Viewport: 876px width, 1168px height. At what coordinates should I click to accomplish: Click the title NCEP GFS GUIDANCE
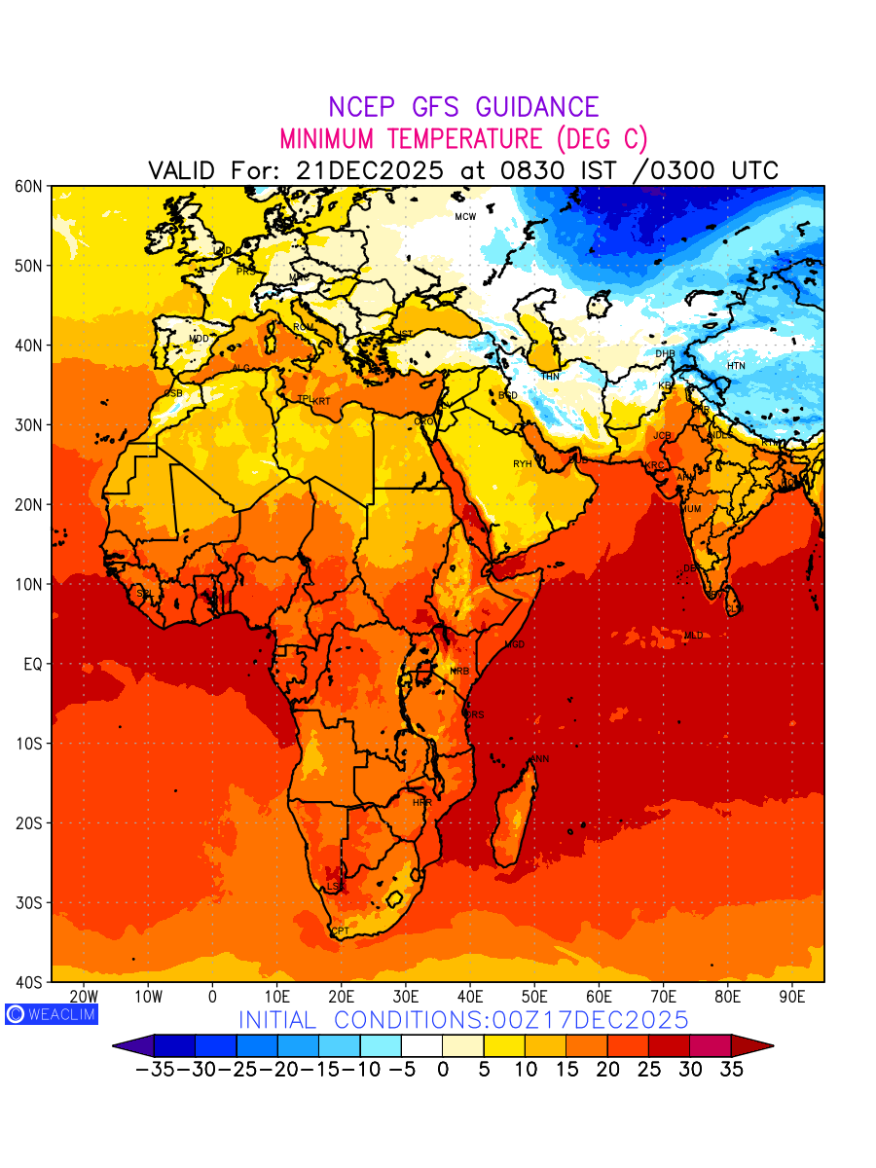(x=463, y=107)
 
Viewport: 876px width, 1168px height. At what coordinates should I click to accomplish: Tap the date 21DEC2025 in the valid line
(x=370, y=170)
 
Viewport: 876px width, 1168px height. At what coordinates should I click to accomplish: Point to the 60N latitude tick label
(x=28, y=186)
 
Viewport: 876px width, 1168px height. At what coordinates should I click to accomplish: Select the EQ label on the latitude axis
(x=33, y=664)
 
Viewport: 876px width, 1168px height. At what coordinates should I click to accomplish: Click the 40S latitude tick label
(x=28, y=981)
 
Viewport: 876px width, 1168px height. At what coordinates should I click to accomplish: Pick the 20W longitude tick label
(x=85, y=997)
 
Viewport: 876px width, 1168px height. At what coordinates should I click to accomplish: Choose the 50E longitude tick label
(x=534, y=997)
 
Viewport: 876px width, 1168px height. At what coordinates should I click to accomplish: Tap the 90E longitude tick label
(x=792, y=997)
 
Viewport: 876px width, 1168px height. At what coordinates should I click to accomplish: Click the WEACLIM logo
(x=51, y=1013)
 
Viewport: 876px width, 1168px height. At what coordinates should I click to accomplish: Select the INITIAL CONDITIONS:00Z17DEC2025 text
(x=463, y=1020)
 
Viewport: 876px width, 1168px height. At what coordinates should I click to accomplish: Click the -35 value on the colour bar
(x=155, y=1069)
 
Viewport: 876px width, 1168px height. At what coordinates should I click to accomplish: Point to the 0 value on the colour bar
(x=443, y=1069)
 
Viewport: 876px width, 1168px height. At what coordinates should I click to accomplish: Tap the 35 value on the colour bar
(x=731, y=1069)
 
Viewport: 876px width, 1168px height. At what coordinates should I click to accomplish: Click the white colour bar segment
(x=421, y=1045)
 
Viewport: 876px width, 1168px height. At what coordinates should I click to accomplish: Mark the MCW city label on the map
(x=465, y=216)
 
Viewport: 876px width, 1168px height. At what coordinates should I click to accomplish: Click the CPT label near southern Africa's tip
(x=340, y=931)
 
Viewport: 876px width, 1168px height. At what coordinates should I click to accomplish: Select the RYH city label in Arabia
(x=523, y=464)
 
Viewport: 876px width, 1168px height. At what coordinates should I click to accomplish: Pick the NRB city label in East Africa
(x=459, y=672)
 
